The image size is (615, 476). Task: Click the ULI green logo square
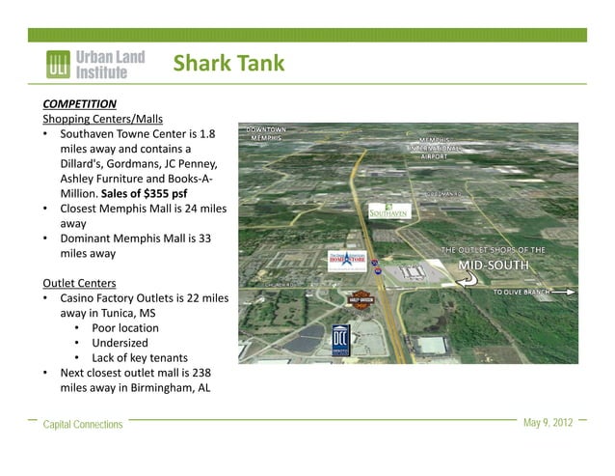point(58,65)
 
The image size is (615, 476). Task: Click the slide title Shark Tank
point(228,65)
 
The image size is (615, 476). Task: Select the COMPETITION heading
point(80,103)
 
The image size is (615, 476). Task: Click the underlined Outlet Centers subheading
point(80,283)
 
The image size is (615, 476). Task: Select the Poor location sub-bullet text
point(125,327)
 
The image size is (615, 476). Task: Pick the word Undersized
point(120,343)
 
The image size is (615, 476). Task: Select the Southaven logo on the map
point(388,210)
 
